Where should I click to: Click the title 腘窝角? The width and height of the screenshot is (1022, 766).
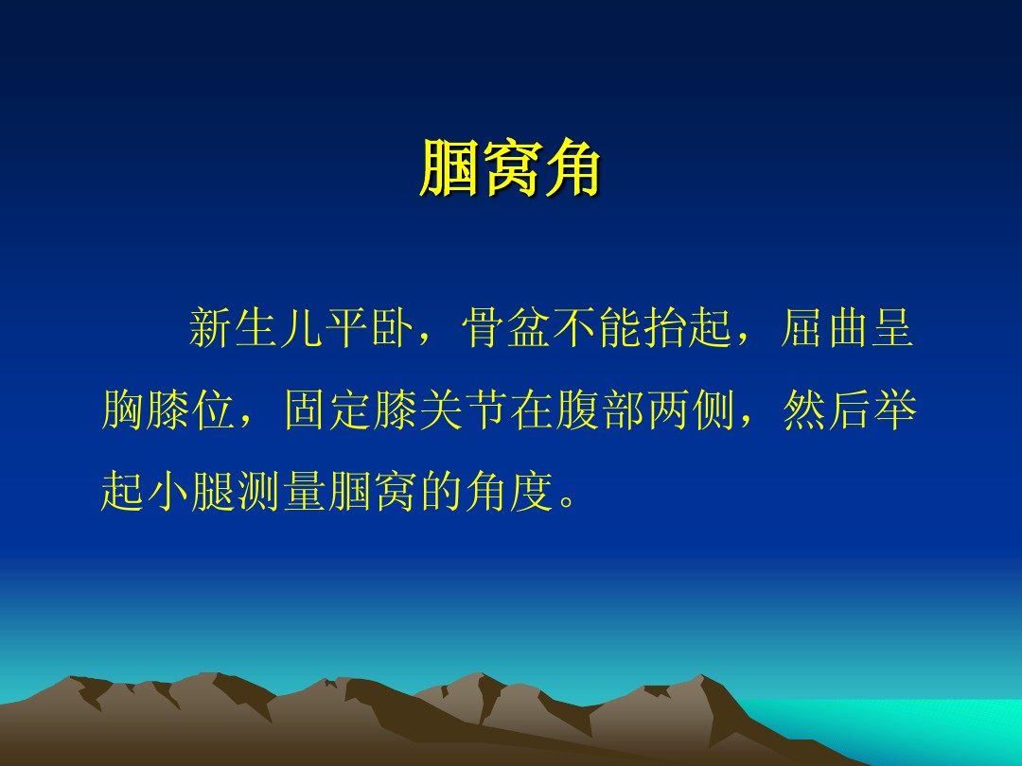pos(510,168)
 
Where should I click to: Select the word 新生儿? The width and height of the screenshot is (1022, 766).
pos(255,327)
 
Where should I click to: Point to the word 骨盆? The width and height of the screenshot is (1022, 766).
pos(505,327)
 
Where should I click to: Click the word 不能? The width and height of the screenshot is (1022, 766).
pos(597,327)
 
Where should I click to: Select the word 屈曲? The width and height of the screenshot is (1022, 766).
pos(824,327)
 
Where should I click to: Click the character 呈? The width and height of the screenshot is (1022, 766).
pos(892,327)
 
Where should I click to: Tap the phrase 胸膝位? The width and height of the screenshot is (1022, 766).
pos(168,409)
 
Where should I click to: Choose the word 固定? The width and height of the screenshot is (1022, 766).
pos(327,409)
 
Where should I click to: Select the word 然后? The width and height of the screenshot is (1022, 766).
pos(826,409)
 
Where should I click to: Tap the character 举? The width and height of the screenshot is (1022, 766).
pos(895,409)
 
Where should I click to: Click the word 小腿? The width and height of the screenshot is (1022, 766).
pos(191,490)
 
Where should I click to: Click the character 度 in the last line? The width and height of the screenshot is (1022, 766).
pos(532,490)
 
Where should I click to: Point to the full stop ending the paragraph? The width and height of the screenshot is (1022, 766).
pos(568,502)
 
